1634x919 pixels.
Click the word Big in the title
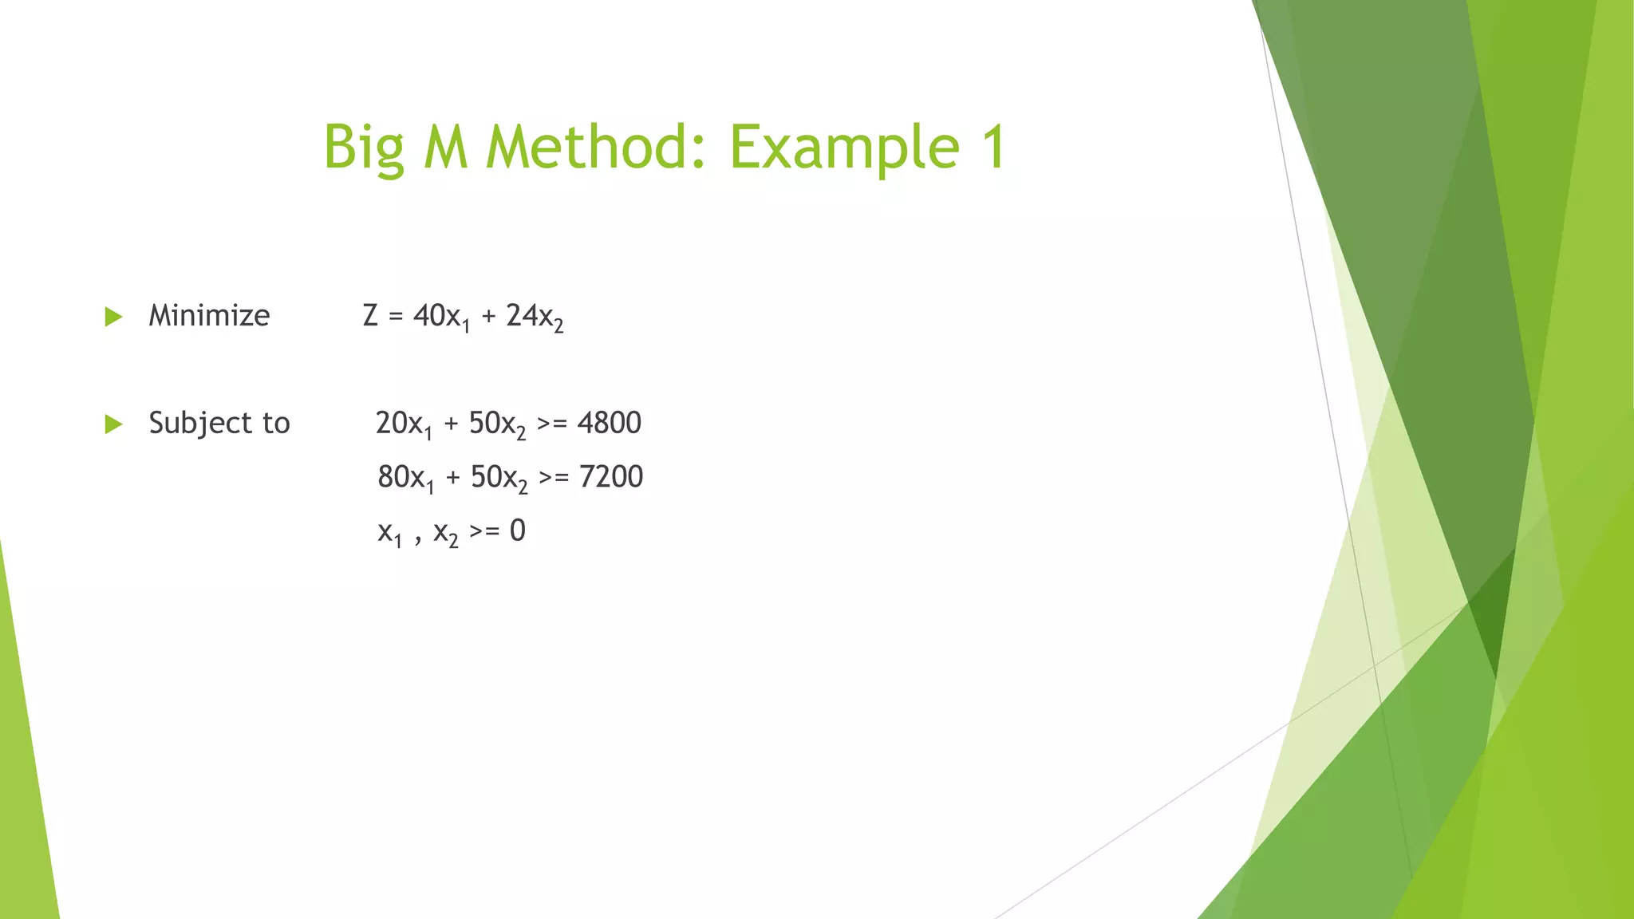pos(363,148)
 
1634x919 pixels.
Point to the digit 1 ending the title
pos(993,147)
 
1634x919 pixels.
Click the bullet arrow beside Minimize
pos(113,317)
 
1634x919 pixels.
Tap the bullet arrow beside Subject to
pos(113,424)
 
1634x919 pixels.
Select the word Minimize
pos(209,316)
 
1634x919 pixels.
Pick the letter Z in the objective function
pos(370,316)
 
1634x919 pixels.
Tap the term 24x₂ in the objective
pos(535,317)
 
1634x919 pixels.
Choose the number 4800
pos(610,423)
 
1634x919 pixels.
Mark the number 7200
pos(611,477)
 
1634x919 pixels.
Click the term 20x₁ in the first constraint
pos(404,424)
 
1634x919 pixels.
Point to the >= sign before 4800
pos(552,424)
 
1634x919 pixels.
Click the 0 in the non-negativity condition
pos(518,530)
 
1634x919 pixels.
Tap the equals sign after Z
pos(396,317)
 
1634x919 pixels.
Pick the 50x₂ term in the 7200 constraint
pos(499,478)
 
